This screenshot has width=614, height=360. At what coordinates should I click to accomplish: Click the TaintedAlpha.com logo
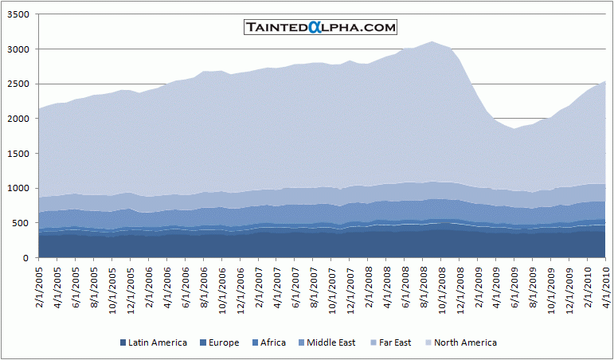320,27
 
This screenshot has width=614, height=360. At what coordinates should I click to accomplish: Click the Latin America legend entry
154,342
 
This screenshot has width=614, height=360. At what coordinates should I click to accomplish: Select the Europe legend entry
219,342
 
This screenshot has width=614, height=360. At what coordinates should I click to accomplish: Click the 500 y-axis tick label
22,223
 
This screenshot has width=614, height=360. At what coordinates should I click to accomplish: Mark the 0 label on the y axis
27,258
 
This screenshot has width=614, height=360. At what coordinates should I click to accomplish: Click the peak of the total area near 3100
432,41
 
